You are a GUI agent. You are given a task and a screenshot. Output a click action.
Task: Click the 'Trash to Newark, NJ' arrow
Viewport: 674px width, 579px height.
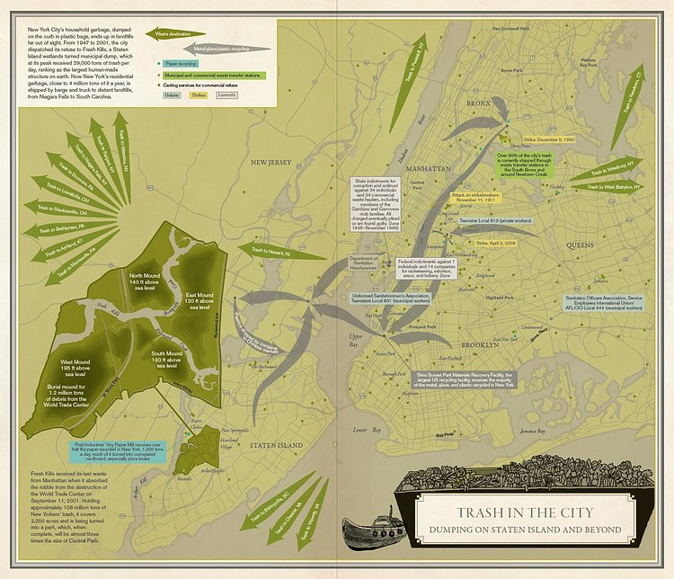pyautogui.click(x=267, y=252)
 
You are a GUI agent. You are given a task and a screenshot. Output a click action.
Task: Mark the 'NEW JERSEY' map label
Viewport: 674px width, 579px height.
pyautogui.click(x=271, y=163)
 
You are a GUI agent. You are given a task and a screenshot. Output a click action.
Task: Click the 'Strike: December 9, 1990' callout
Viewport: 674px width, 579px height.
pyautogui.click(x=548, y=140)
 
